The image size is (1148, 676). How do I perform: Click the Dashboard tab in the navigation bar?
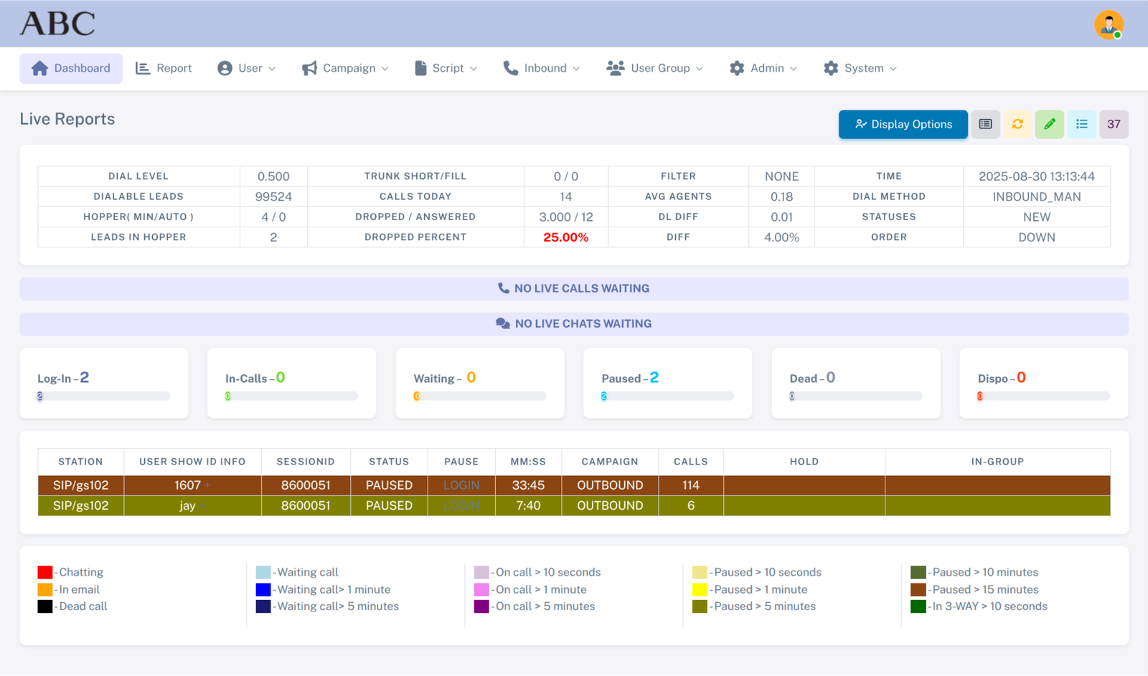coord(71,68)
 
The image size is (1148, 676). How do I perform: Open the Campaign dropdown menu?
coord(345,68)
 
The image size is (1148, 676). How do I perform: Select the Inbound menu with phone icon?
coord(542,68)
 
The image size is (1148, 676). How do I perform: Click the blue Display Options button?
coord(903,124)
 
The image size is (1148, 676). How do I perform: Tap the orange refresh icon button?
coord(1017,124)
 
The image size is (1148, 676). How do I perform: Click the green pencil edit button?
coord(1049,124)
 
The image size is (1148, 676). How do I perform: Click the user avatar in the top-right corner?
coord(1109,24)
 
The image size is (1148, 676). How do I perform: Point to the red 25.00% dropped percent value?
coord(565,237)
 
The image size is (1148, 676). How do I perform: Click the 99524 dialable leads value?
coord(273,196)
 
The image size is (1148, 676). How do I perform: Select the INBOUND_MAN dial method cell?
coord(1036,196)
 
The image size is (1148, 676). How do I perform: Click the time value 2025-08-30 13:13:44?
coord(1036,176)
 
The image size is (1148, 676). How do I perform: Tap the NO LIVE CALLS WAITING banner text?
coord(581,288)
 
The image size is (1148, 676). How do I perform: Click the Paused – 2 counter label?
coord(630,378)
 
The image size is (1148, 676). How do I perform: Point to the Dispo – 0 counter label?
coord(1002,378)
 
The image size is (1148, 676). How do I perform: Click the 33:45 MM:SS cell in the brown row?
coord(528,485)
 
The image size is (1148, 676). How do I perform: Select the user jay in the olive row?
coord(187,505)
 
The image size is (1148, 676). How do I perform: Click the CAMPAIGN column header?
coord(609,462)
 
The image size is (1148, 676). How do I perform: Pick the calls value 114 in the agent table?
coord(690,485)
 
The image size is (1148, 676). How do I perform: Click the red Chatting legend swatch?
coord(45,572)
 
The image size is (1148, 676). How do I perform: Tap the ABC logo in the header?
coord(57,24)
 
